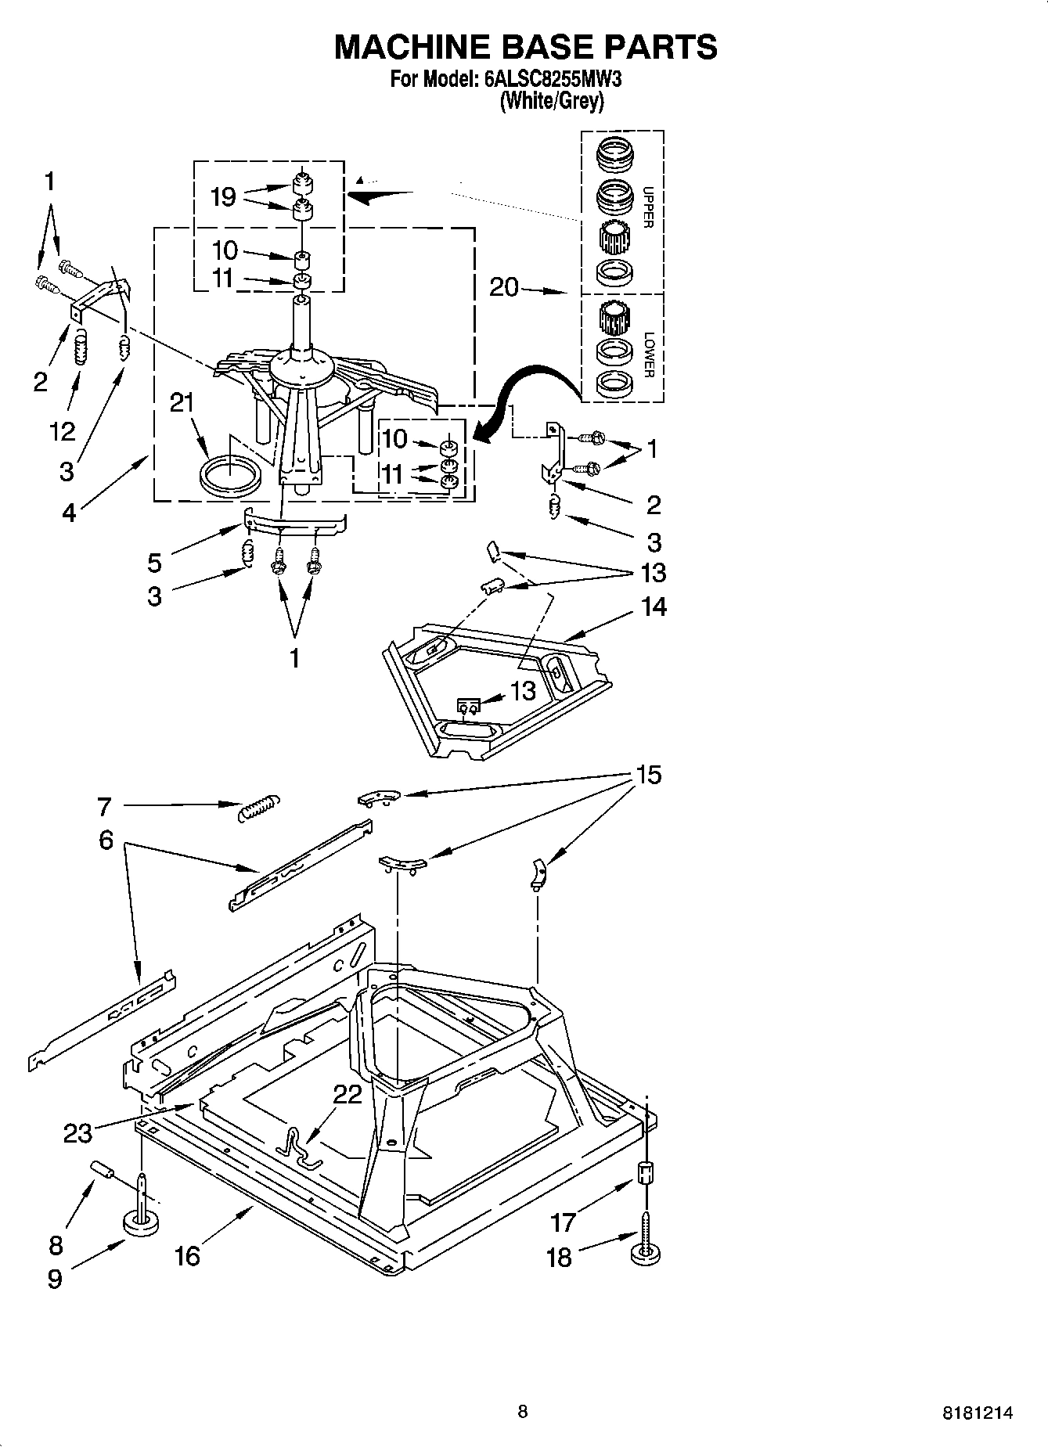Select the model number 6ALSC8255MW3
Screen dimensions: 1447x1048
(x=553, y=79)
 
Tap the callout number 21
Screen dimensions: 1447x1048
(x=182, y=403)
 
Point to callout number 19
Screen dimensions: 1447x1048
(x=223, y=196)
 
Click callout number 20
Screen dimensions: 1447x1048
(x=504, y=288)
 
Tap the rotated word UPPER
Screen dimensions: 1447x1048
(x=647, y=207)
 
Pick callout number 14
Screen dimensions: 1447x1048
(x=654, y=607)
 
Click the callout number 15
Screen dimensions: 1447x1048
(x=649, y=775)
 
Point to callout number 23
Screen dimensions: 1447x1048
(x=77, y=1132)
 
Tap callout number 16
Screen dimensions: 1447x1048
(x=187, y=1256)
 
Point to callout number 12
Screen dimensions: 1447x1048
(x=62, y=430)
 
